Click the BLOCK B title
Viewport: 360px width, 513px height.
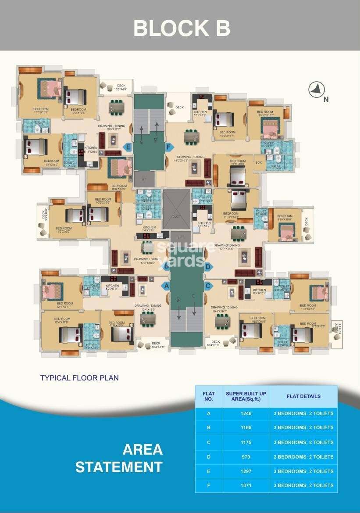pos(182,28)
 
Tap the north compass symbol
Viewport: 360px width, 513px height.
pos(316,90)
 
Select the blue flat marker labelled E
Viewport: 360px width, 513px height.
pos(128,147)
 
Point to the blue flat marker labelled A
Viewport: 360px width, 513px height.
pos(166,286)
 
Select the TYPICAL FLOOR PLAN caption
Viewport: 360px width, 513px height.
pos(79,377)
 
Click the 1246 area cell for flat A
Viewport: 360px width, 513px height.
pos(246,413)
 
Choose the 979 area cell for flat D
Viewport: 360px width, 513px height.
pos(246,457)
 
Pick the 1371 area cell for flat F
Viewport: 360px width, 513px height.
pos(246,485)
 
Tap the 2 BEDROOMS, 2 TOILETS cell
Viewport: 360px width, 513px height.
pos(303,457)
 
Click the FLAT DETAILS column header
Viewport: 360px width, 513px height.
pos(303,396)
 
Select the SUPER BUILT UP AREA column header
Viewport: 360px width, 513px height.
pos(246,396)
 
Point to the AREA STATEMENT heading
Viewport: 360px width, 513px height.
pos(119,458)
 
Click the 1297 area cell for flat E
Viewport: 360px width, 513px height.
pos(246,471)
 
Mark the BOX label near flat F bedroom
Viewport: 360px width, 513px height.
pos(259,162)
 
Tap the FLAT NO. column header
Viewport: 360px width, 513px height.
pos(208,396)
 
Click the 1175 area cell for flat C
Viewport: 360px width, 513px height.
pos(246,442)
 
